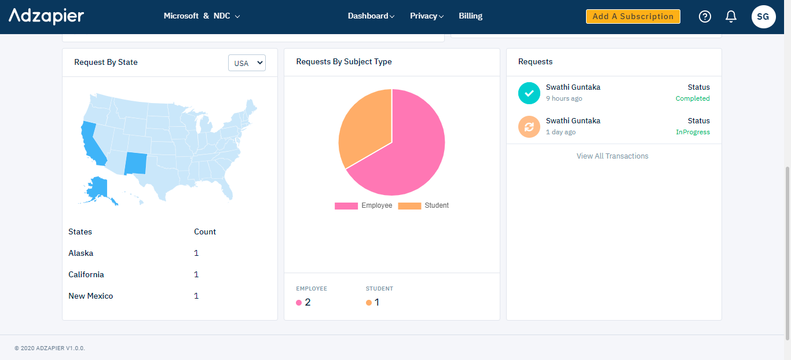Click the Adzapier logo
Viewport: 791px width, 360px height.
tap(46, 16)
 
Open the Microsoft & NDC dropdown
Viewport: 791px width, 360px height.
tap(202, 16)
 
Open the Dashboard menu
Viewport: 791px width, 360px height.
tap(371, 16)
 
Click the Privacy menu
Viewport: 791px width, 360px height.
tap(426, 16)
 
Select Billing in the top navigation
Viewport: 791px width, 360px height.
tap(470, 16)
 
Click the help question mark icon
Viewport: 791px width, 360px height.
tap(705, 16)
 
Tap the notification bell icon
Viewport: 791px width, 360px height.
tap(731, 16)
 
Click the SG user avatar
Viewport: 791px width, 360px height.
tap(763, 16)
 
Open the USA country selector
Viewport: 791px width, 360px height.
tap(247, 63)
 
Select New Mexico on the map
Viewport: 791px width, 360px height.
tap(137, 163)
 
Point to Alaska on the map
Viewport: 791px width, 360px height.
tap(97, 189)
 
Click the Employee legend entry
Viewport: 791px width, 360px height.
tap(364, 205)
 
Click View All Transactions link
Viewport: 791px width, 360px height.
tap(612, 156)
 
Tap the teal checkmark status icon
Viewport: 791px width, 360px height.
tap(529, 93)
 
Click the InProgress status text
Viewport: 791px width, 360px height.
tap(693, 132)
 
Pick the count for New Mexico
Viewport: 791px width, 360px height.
tap(196, 296)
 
